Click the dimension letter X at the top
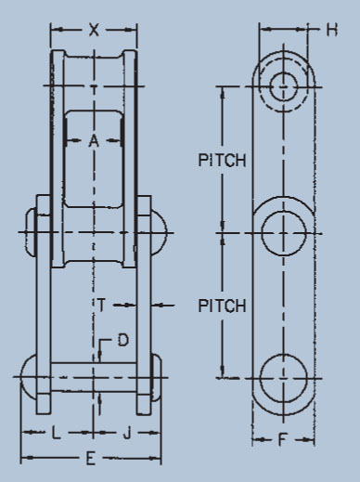94,30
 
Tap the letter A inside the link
94,141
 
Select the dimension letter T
101,305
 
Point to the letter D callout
123,340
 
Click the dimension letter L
56,433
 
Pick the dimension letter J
127,433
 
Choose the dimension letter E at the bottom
90,459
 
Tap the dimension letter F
282,439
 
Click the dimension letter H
332,30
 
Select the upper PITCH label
222,161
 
